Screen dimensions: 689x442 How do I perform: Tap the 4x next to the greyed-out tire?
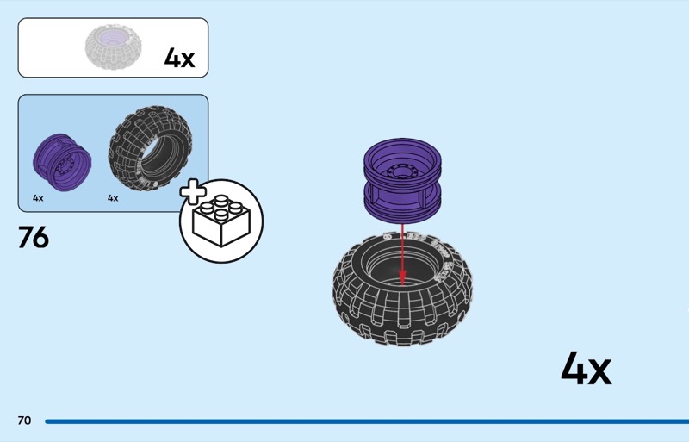(x=180, y=59)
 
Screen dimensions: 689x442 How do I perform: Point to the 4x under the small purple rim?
(x=38, y=198)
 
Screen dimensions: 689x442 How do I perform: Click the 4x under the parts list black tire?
(x=113, y=198)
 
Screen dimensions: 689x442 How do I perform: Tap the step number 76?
(x=34, y=238)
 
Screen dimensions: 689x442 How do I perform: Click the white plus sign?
(x=192, y=195)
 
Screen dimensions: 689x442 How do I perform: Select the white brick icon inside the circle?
(x=220, y=221)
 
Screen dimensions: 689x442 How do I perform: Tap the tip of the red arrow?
(x=402, y=279)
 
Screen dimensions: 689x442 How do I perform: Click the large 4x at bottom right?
(x=586, y=369)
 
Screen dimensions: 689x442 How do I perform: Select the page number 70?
(x=24, y=420)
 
